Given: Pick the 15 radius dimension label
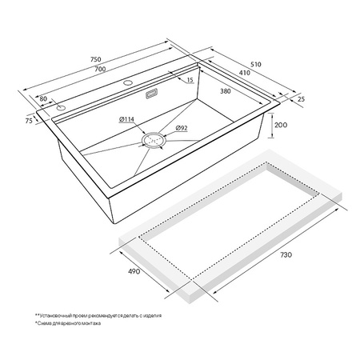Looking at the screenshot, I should click(190, 79).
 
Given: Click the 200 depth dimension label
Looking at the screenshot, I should click(281, 126).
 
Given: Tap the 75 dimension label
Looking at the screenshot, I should click(29, 122).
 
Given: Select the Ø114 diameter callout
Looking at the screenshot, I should click(126, 120).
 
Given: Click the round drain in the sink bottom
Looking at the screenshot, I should click(154, 139).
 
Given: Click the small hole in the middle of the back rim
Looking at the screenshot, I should click(126, 82).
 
